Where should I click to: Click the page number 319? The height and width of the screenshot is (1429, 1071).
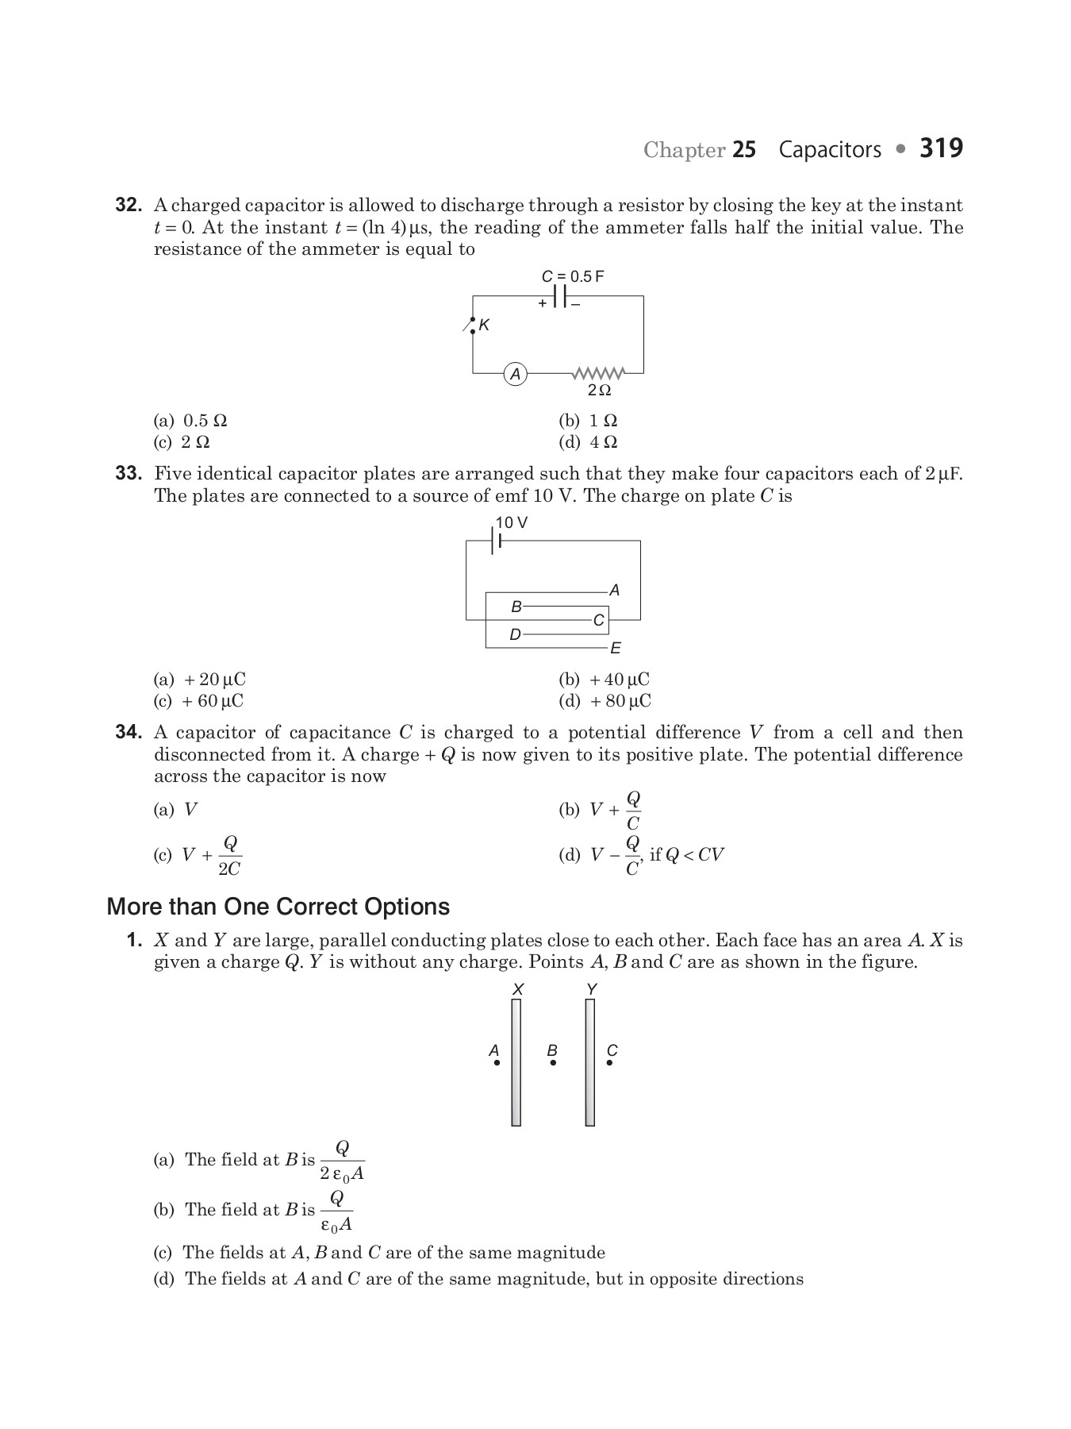pos(941,148)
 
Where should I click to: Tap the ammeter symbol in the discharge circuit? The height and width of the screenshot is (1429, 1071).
pos(516,374)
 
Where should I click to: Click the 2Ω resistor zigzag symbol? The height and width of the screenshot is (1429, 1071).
pos(599,372)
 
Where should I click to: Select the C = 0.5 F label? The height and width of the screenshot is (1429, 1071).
pos(573,276)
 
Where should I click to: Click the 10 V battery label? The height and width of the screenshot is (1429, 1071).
pos(512,522)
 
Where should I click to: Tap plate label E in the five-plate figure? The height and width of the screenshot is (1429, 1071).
pos(616,649)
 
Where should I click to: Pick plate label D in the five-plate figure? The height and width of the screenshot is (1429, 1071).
pos(515,635)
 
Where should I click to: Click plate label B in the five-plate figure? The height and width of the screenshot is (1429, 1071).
pos(516,607)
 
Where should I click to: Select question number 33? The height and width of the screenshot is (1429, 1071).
pos(129,474)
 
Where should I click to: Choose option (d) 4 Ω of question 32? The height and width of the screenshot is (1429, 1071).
pos(589,442)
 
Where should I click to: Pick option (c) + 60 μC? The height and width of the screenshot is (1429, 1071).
pos(199,701)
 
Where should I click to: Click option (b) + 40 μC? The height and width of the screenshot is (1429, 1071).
pos(605,680)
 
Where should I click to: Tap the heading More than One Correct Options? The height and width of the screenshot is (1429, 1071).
pos(278,907)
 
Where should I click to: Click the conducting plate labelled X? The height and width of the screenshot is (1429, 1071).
pos(516,1062)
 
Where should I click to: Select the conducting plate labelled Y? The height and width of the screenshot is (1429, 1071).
pos(590,1062)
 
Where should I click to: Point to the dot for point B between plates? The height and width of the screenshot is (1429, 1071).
pos(553,1062)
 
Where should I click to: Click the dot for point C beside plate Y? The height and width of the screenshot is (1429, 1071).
pos(609,1062)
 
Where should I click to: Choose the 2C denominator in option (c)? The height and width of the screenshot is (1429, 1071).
pos(229,869)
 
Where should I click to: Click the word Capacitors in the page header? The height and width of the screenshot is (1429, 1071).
pos(830,149)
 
